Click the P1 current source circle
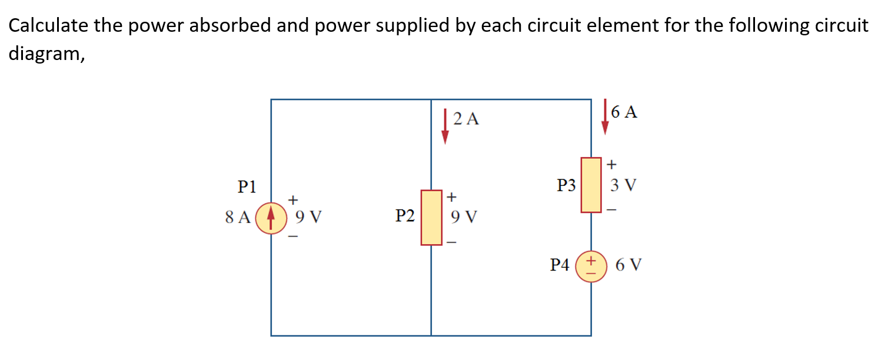(271, 218)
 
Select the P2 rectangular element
(431, 217)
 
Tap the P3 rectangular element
(591, 185)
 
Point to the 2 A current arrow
(445, 126)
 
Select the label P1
(247, 187)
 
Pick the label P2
(405, 216)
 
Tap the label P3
(566, 186)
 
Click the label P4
(560, 266)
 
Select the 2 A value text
(467, 120)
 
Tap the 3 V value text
(623, 186)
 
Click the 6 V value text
(628, 265)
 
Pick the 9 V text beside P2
(463, 218)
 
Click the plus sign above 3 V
(612, 163)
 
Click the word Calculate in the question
(48, 26)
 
